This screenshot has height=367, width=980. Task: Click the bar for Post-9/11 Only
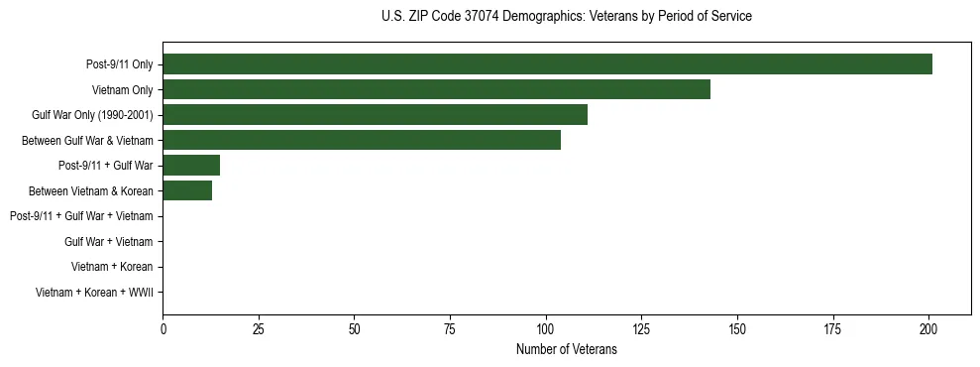(x=547, y=64)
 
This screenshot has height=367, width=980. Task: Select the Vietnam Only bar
(x=436, y=89)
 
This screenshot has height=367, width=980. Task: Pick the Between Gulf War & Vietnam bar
(x=362, y=140)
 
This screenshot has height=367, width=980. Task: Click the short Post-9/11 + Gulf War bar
(x=191, y=166)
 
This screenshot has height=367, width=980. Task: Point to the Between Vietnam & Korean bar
(x=187, y=190)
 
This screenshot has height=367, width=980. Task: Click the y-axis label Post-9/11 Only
(x=120, y=65)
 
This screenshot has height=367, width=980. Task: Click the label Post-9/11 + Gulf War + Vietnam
(x=81, y=216)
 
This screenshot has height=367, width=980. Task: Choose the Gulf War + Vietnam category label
(x=109, y=241)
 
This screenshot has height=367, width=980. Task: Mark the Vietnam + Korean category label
(x=112, y=267)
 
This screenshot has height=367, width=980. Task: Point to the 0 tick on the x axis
(x=163, y=329)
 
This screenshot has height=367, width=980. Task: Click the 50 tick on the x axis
(x=355, y=329)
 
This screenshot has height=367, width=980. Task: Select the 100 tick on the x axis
(x=546, y=329)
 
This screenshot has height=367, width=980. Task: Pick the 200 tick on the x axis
(x=928, y=329)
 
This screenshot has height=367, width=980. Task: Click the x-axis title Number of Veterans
(x=567, y=349)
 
